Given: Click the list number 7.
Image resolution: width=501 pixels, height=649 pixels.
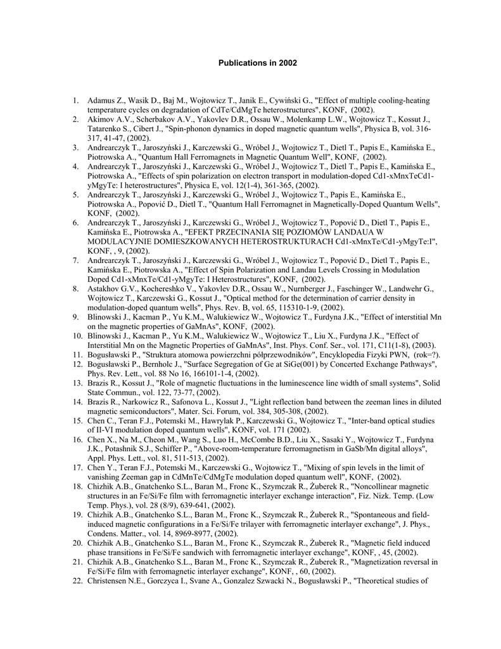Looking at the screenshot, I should pos(75,260).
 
